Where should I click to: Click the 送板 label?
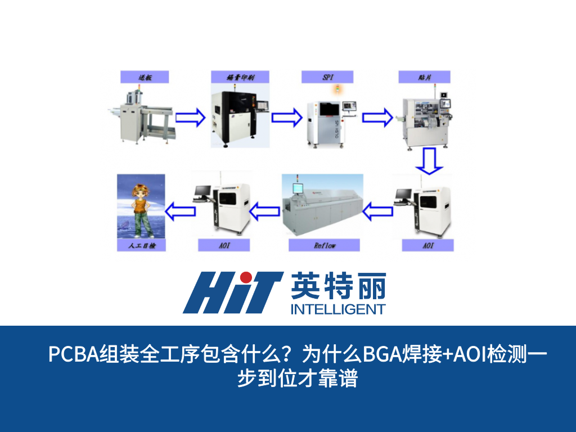coord(145,77)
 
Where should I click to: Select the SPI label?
coord(327,77)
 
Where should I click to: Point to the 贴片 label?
coord(424,77)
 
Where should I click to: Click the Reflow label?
coord(324,245)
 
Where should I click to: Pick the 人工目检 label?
coord(141,245)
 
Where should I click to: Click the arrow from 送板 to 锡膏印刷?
coord(190,118)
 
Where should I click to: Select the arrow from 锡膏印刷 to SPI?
coord(286,118)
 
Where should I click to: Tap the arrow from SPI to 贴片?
coord(376,118)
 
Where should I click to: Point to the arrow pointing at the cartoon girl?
coord(181,211)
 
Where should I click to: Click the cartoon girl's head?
coord(139,190)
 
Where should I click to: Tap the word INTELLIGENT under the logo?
coord(338,309)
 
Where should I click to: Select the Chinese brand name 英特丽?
coord(338,287)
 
